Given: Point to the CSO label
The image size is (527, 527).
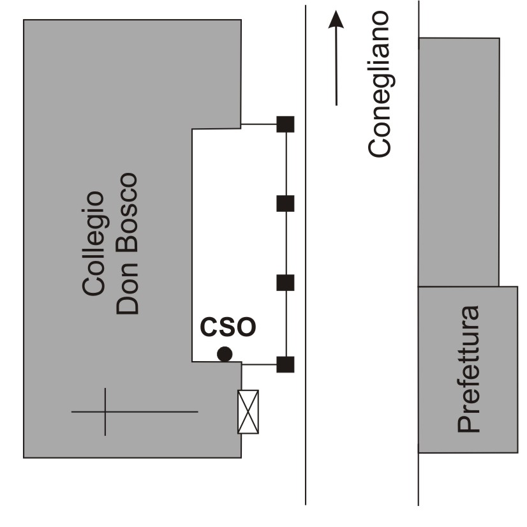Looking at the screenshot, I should [x=228, y=326].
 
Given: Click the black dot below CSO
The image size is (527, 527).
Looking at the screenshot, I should [x=224, y=354].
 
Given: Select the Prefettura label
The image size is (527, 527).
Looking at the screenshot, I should [x=469, y=370].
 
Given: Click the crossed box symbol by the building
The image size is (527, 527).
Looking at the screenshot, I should [x=248, y=412].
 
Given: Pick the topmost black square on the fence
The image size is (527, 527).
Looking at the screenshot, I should [x=285, y=124].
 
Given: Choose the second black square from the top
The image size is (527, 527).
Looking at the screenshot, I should [x=285, y=204].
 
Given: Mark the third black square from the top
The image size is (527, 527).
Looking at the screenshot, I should [x=285, y=283].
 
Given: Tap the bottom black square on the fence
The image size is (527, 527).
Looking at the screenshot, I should [x=285, y=364].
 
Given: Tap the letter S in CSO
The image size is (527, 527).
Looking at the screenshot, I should [x=228, y=326].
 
